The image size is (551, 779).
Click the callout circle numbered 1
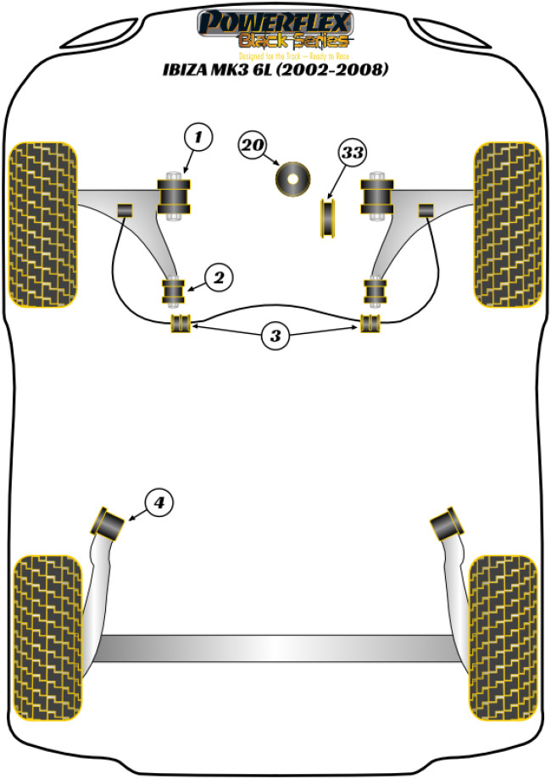[x=197, y=136]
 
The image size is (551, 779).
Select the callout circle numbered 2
[x=218, y=276]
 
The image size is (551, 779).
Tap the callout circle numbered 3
[x=275, y=337]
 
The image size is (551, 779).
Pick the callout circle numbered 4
[x=159, y=503]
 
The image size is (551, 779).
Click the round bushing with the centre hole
[x=293, y=179]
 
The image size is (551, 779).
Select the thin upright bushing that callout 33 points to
[x=327, y=218]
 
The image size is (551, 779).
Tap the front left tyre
[x=42, y=223]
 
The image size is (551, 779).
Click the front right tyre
[x=508, y=223]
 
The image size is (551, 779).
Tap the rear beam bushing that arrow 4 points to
[x=110, y=521]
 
